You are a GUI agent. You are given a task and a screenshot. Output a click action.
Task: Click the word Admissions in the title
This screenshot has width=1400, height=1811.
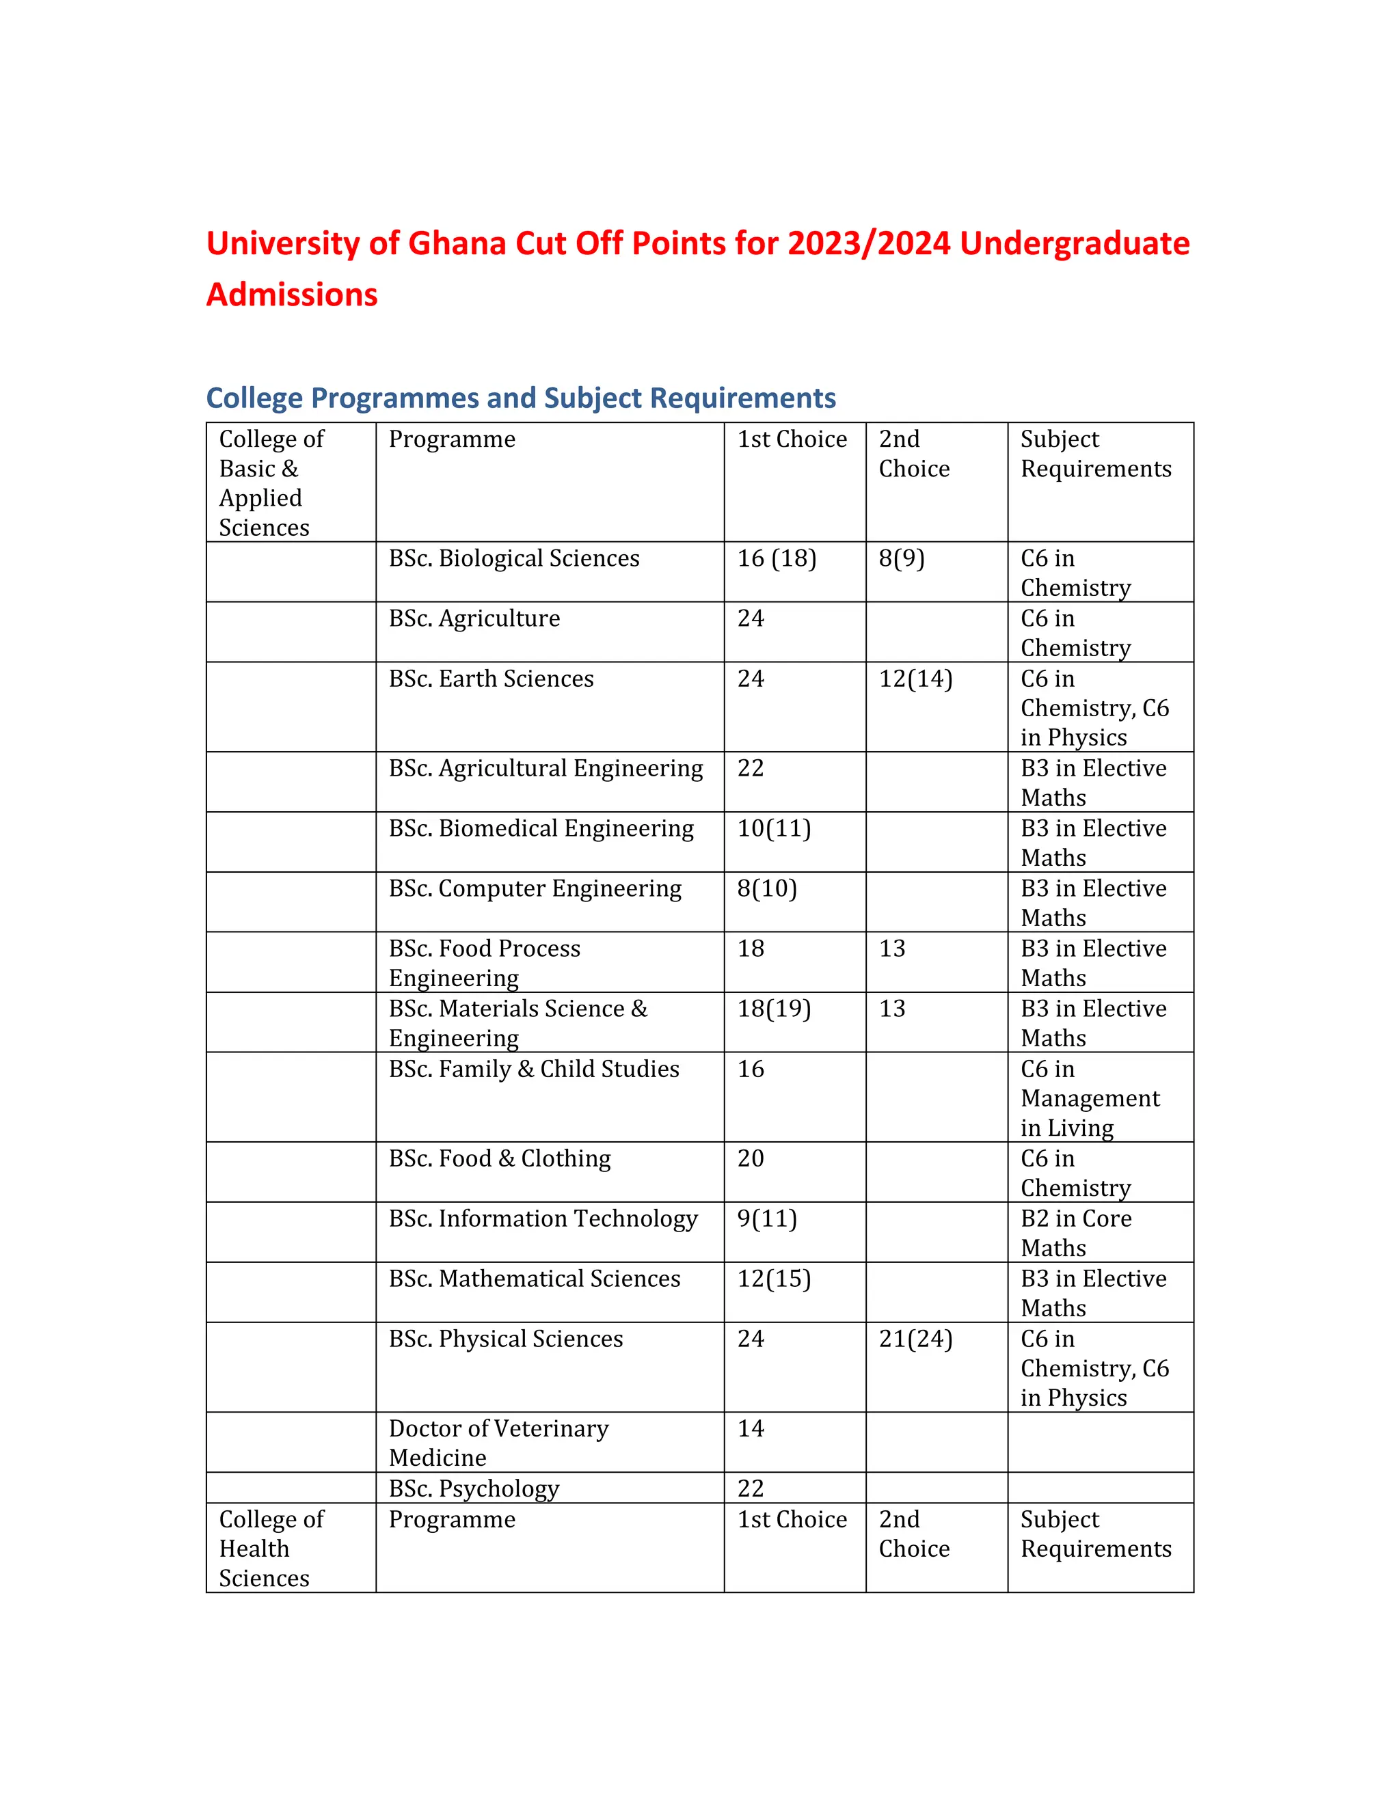point(292,295)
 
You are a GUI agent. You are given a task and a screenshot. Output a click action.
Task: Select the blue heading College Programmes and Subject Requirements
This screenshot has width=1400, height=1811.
point(520,398)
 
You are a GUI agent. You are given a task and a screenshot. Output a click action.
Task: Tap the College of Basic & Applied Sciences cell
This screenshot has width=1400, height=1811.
point(271,482)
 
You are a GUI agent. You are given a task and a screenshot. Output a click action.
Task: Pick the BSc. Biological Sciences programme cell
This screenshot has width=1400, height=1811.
point(513,559)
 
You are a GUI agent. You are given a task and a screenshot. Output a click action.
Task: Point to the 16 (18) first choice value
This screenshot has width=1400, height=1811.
point(777,559)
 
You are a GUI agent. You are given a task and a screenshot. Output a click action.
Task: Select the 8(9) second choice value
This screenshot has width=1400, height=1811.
point(901,559)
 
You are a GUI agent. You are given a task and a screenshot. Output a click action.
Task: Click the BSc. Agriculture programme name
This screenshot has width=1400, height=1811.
point(474,618)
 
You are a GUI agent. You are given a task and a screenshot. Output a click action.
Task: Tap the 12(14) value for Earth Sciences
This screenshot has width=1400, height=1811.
point(915,679)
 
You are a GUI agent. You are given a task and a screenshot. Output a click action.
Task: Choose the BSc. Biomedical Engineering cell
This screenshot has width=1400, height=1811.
point(541,828)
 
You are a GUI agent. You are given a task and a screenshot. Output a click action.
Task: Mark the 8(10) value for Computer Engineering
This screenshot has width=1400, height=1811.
point(766,889)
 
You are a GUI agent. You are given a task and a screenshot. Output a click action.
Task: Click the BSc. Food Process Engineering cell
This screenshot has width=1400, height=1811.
point(485,963)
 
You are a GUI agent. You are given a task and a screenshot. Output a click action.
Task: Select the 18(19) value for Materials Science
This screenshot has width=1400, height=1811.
point(774,1009)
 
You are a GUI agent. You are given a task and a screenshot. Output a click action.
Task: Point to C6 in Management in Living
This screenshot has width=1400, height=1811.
point(1089,1098)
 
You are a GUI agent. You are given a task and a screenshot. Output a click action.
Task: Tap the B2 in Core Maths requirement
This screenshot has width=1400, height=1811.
point(1076,1233)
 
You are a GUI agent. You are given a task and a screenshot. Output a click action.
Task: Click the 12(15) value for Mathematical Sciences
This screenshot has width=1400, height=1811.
point(774,1279)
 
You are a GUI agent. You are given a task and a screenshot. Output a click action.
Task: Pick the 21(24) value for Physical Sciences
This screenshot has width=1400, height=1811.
point(915,1339)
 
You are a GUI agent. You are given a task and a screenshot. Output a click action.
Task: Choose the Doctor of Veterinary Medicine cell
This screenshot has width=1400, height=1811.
point(498,1443)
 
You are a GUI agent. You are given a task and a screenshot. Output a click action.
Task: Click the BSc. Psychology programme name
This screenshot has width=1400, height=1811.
point(474,1488)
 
